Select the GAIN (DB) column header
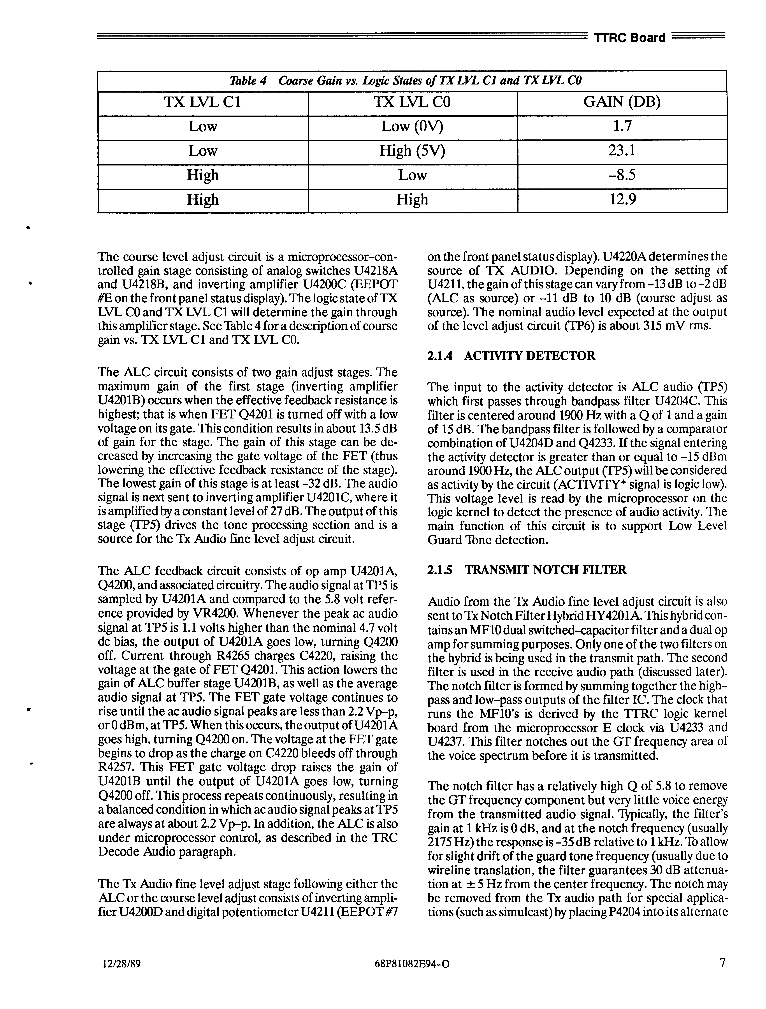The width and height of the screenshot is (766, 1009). [x=622, y=102]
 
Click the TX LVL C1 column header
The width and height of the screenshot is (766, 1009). [x=203, y=102]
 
